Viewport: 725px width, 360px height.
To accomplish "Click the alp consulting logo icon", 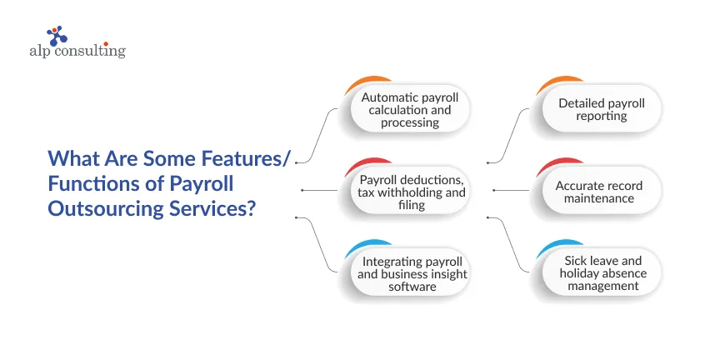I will point(57,36).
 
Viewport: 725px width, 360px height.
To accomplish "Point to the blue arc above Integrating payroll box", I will point(357,248).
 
